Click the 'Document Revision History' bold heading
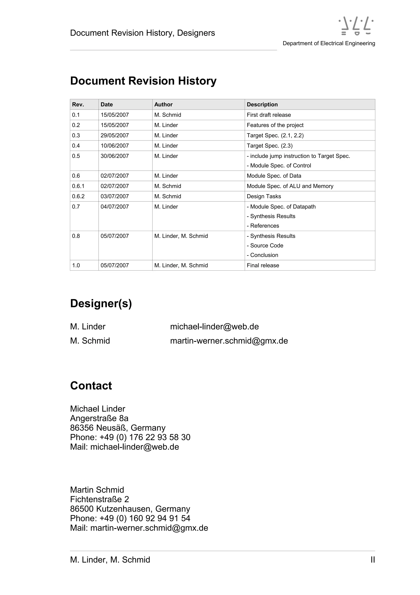click(x=143, y=81)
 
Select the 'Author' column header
click(x=163, y=105)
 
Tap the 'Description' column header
click(x=262, y=105)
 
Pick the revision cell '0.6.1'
click(x=78, y=186)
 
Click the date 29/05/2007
click(x=115, y=135)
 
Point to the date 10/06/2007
click(x=115, y=146)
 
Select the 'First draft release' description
click(x=269, y=115)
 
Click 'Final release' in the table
click(x=263, y=265)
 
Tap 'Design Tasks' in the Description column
click(x=264, y=196)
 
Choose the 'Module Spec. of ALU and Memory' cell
click(x=290, y=186)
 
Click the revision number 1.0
click(x=76, y=265)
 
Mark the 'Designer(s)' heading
click(x=101, y=303)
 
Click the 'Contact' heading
click(x=91, y=386)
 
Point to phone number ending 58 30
click(x=130, y=437)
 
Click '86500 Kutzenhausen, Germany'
click(x=130, y=509)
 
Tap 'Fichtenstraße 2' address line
click(x=99, y=499)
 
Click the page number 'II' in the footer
click(x=372, y=560)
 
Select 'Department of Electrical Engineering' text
click(x=329, y=43)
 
